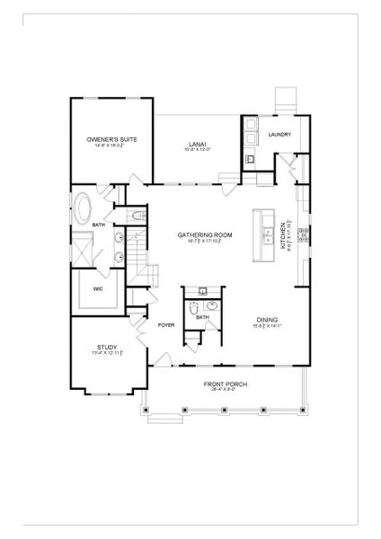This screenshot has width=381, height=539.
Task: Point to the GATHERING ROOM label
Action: coord(205,234)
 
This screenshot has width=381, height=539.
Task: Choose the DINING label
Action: coord(267,320)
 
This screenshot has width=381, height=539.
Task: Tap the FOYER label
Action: coord(165,324)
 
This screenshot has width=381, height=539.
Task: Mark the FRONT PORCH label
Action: coord(212,384)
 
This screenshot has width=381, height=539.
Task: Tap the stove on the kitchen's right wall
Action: coord(304,234)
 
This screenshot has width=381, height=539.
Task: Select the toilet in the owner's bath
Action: coord(134,216)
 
